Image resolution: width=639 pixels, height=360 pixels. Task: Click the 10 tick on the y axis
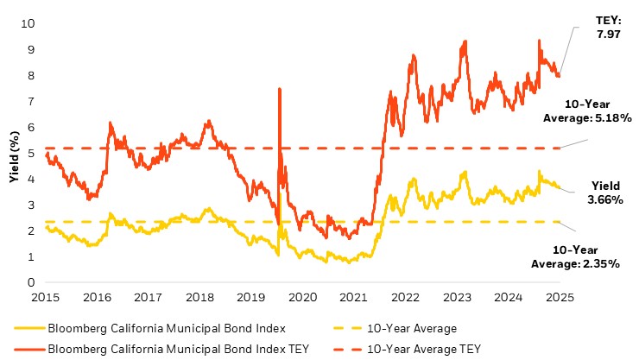(28, 23)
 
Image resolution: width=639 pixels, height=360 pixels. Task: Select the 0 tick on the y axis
(31, 282)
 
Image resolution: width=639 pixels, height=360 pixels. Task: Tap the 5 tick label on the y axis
(31, 153)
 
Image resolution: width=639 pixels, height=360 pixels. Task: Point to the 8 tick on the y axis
(31, 75)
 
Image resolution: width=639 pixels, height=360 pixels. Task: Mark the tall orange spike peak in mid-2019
(279, 89)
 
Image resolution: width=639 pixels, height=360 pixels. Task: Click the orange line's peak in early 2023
(465, 41)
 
